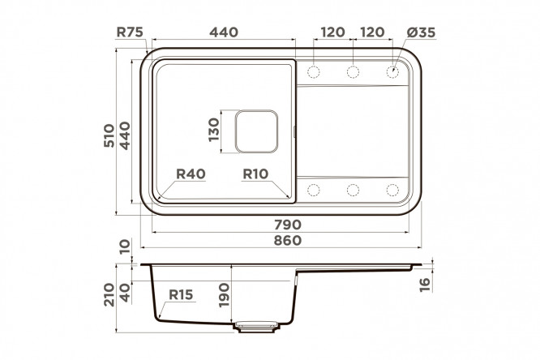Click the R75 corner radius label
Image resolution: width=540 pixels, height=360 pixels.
coord(130,32)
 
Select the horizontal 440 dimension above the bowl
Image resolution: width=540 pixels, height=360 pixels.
coord(224,32)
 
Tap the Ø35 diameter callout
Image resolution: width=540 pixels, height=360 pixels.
coord(421,32)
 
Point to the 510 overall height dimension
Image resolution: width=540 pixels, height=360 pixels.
coord(109,135)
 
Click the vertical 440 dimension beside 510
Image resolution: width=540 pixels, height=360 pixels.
coord(125,135)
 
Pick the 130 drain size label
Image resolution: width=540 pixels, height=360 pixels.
coord(213,130)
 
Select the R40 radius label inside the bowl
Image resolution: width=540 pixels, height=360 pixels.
coord(191,174)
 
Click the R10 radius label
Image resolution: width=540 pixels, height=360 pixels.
coord(255,174)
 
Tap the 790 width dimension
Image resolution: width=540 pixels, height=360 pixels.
coord(288,225)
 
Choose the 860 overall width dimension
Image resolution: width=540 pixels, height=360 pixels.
coord(288,241)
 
